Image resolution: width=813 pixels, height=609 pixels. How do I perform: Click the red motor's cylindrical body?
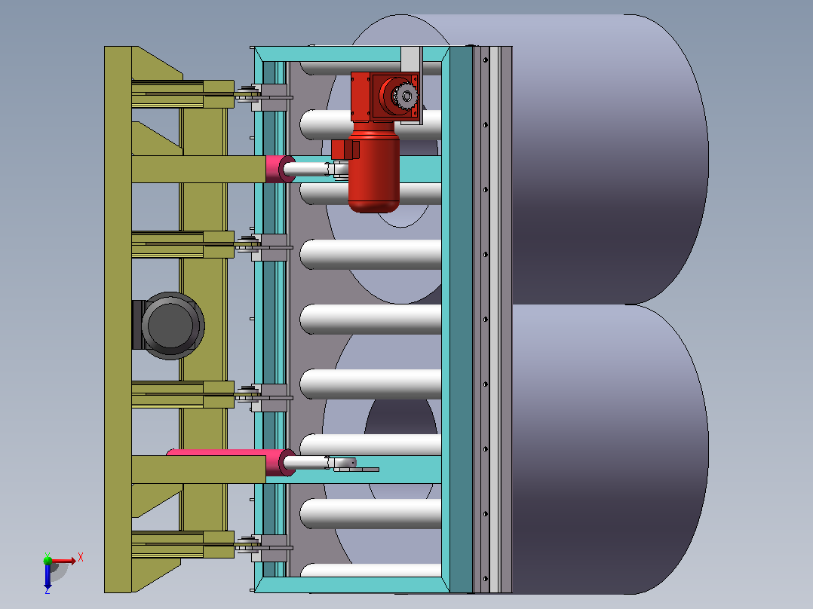[374, 171]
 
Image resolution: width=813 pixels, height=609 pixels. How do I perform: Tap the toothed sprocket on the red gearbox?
[406, 96]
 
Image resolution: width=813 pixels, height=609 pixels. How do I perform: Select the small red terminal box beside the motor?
[345, 150]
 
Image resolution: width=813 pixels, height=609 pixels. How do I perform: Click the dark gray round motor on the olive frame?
[171, 326]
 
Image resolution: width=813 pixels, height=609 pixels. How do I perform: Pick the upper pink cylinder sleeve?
[280, 169]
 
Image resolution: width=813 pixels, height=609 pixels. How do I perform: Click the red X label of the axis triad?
[81, 558]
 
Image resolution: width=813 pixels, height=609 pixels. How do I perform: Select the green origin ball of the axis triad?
[48, 560]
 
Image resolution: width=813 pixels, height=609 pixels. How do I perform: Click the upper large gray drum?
[606, 159]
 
